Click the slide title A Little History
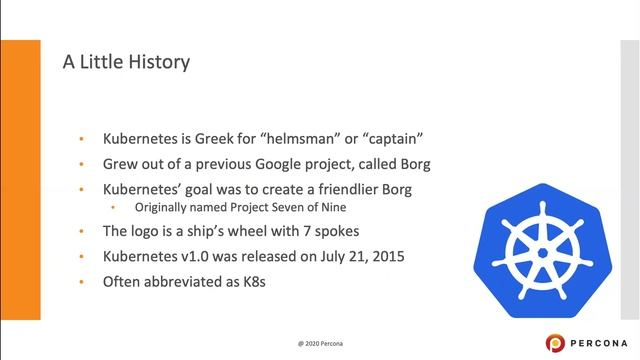pos(126,62)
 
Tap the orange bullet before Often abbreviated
pos(82,281)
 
